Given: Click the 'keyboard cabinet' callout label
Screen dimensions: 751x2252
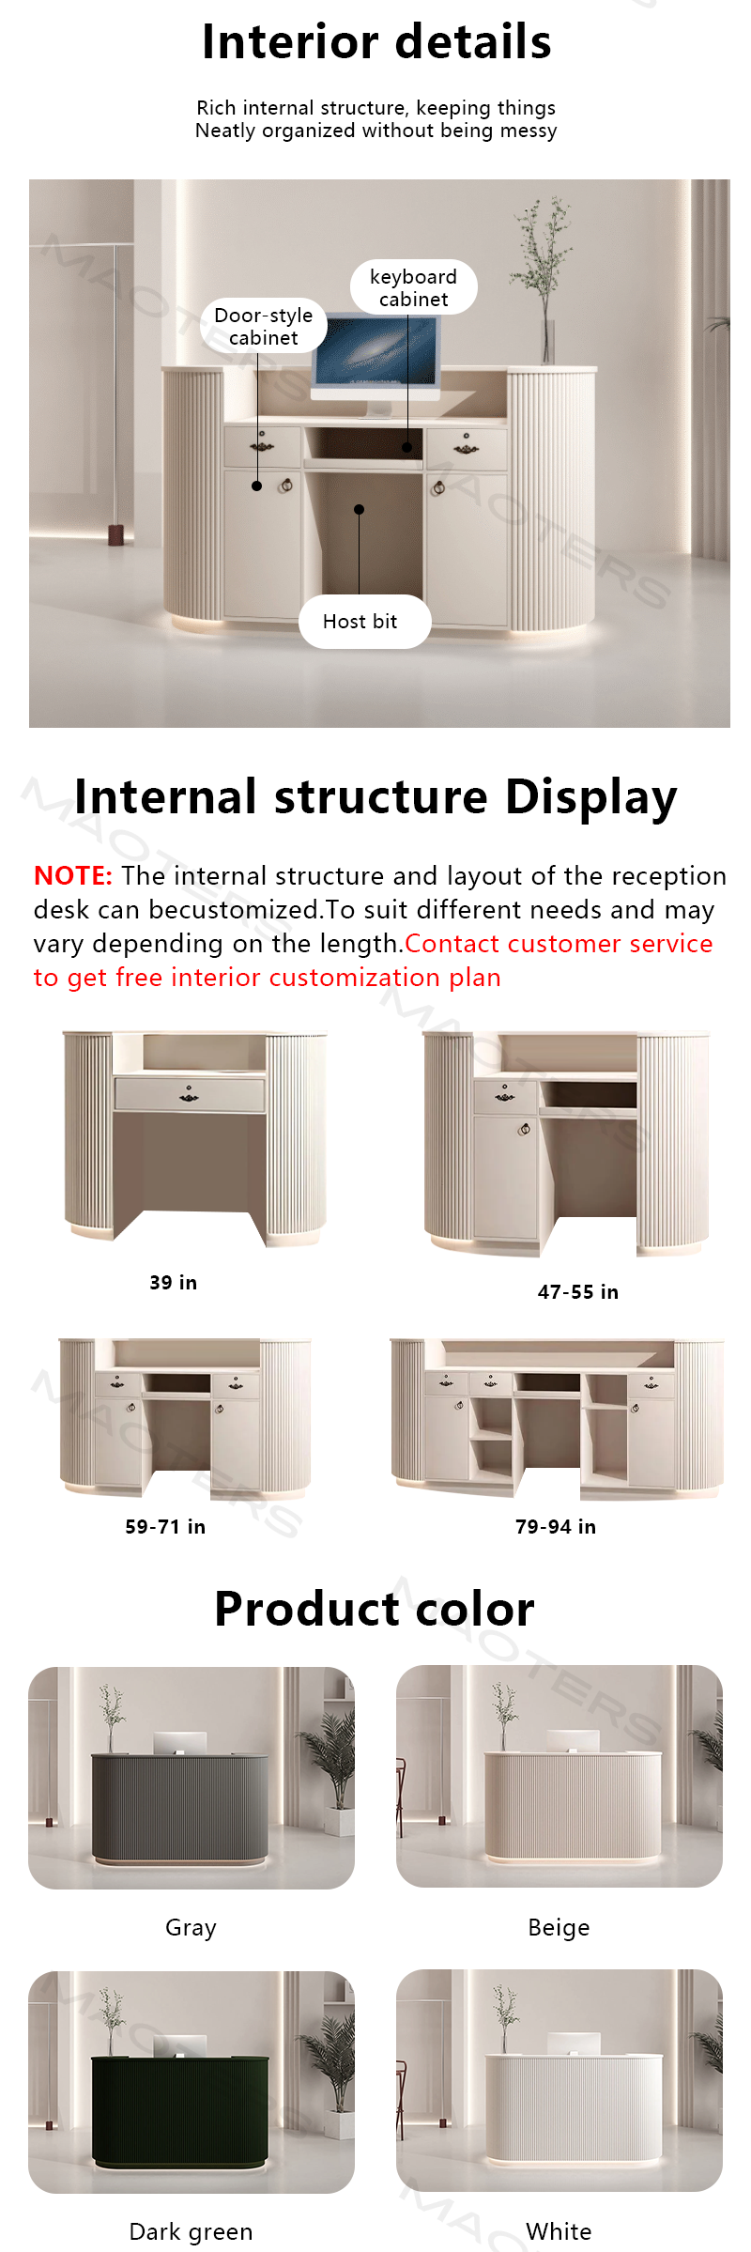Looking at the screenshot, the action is pyautogui.click(x=413, y=287).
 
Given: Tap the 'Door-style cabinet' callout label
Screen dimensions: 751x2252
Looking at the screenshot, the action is pyautogui.click(x=264, y=326).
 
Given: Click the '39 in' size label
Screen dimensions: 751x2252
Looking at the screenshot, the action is pyautogui.click(x=174, y=1283).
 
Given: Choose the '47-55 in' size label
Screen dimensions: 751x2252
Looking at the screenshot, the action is pyautogui.click(x=578, y=1292).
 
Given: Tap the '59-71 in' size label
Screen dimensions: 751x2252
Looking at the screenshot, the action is pyautogui.click(x=165, y=1527).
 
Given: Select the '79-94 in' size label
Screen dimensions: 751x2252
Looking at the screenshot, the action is pyautogui.click(x=556, y=1527).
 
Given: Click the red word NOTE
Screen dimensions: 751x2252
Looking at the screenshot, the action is pyautogui.click(x=73, y=876).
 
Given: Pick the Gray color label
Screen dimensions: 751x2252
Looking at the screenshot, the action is pyautogui.click(x=191, y=1928).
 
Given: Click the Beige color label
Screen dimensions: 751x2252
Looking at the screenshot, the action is pyautogui.click(x=559, y=1928).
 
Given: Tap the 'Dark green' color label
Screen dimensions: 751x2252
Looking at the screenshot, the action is pyautogui.click(x=191, y=2232).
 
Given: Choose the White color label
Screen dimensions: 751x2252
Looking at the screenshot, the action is pyautogui.click(x=559, y=2232).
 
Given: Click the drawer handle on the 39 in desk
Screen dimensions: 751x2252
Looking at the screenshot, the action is pyautogui.click(x=189, y=1095).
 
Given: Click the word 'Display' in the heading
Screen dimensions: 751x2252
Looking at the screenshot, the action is pyautogui.click(x=590, y=798).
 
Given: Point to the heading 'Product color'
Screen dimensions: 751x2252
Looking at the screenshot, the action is pyautogui.click(x=375, y=1609).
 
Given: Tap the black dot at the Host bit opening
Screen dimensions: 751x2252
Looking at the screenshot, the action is pyautogui.click(x=359, y=510).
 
